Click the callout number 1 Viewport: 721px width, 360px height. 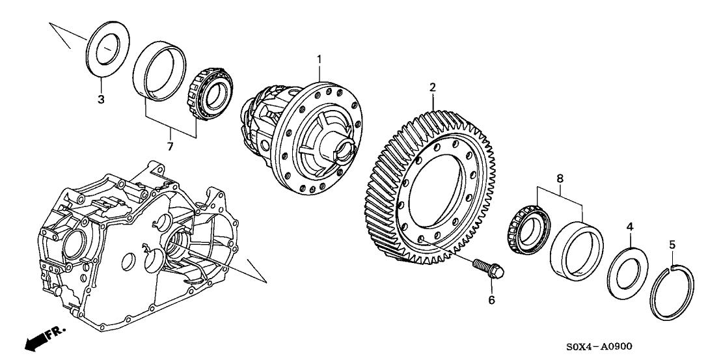pyautogui.click(x=320, y=60)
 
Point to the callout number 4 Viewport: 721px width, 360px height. pyautogui.click(x=629, y=227)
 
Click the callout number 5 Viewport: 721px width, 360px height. pyautogui.click(x=673, y=245)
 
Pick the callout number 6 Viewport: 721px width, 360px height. pyautogui.click(x=492, y=299)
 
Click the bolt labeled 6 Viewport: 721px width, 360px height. pyautogui.click(x=486, y=269)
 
